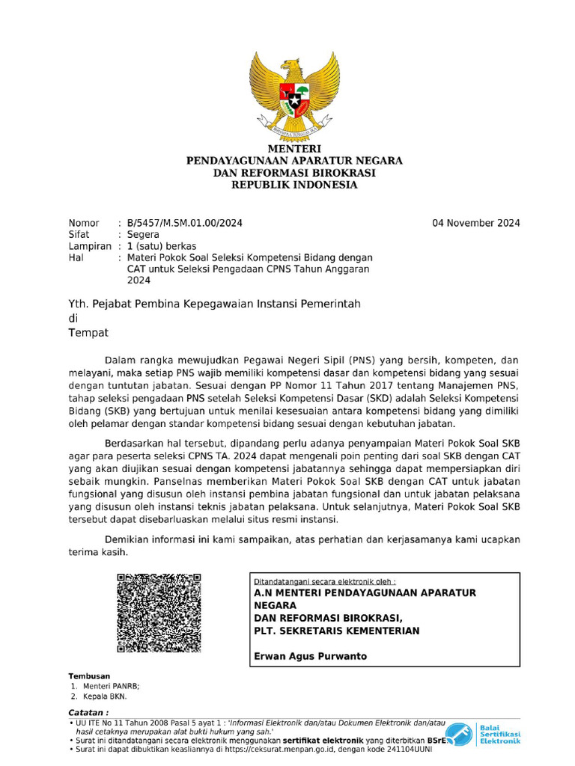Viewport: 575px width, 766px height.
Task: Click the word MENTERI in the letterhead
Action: pyautogui.click(x=294, y=150)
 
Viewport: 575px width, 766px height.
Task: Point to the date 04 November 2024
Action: pyautogui.click(x=477, y=223)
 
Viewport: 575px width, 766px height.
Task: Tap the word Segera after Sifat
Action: pyautogui.click(x=143, y=234)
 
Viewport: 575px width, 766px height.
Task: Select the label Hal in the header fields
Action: pyautogui.click(x=76, y=257)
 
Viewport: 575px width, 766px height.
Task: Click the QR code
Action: pyautogui.click(x=159, y=613)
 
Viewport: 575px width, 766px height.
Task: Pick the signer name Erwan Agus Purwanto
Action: pyautogui.click(x=311, y=656)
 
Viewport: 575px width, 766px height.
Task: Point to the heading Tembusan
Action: pyautogui.click(x=89, y=675)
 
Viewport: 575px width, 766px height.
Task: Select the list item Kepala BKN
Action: pyautogui.click(x=105, y=696)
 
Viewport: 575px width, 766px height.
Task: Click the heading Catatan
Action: pyautogui.click(x=88, y=712)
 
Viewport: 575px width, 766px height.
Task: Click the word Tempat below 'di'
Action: pyautogui.click(x=88, y=333)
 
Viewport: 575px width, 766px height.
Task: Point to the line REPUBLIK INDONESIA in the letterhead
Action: pyautogui.click(x=294, y=185)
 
